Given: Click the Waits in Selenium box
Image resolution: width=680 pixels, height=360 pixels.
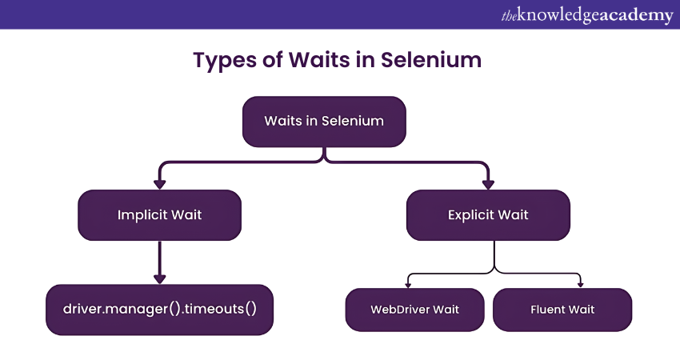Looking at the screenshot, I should (x=324, y=122).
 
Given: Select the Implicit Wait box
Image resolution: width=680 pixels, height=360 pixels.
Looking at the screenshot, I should (x=159, y=215).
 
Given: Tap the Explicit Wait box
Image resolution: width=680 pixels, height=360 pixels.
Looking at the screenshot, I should (x=488, y=215).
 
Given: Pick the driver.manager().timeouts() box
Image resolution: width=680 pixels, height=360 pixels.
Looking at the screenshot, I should (x=160, y=309).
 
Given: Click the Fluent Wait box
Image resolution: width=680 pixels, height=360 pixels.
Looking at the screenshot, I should (x=562, y=310).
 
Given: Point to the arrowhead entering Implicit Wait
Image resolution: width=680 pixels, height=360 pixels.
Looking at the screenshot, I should (x=159, y=184).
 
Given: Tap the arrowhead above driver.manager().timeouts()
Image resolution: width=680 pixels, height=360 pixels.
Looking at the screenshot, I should (x=159, y=278).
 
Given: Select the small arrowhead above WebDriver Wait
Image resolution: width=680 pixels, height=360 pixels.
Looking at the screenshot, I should (x=408, y=284).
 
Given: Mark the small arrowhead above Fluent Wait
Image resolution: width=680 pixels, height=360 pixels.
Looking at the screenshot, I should (x=582, y=284).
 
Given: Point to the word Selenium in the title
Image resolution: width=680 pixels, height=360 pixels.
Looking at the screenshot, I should (x=438, y=60).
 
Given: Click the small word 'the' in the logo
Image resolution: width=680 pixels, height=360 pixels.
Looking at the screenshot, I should (x=509, y=15).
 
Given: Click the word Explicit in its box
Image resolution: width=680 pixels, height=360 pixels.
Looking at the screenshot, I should (x=471, y=215).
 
